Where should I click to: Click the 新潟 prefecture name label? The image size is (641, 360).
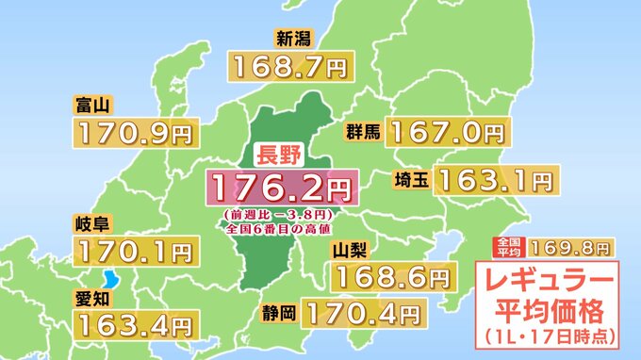(x=293, y=40)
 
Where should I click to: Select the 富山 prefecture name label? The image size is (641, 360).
(x=90, y=103)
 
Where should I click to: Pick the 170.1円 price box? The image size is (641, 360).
(x=136, y=252)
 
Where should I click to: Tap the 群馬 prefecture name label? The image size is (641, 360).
(x=363, y=131)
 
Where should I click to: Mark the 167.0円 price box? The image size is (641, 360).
(x=448, y=130)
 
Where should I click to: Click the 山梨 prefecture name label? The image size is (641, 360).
(x=351, y=250)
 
